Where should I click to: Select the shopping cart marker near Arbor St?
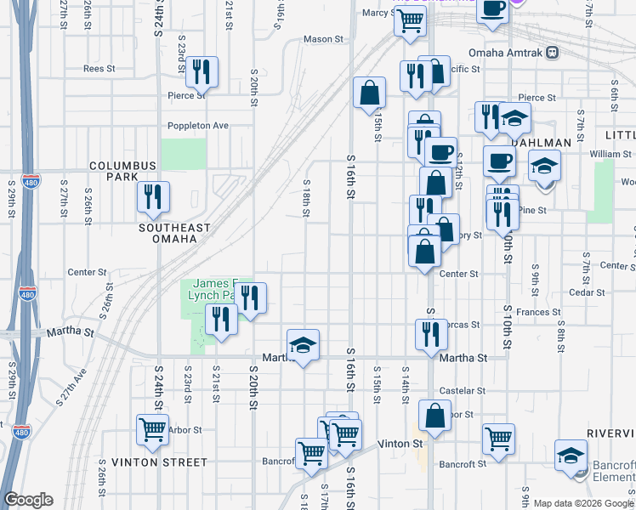153,429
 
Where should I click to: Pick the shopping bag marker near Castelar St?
434,416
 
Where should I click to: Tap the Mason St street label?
322,39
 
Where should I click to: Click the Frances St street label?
532,313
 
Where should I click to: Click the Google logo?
28,500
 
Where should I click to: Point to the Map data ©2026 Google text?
582,503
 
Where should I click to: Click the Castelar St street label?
463,391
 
